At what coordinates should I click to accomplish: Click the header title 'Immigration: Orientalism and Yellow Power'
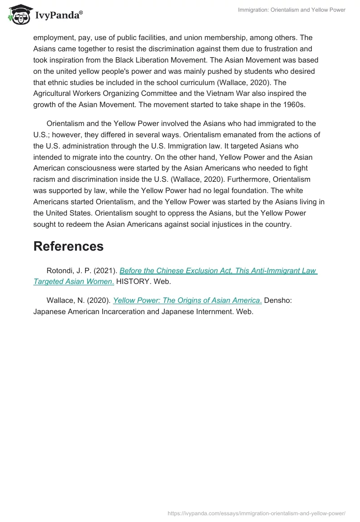coord(292,10)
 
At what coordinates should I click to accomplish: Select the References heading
coord(68,246)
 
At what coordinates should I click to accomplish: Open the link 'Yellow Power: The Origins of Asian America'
coord(187,300)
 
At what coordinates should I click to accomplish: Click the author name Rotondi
coord(61,271)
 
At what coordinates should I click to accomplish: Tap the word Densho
coord(278,300)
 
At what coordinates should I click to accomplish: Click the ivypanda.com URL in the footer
coord(256,513)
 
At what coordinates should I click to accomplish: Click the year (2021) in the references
coord(107,271)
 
